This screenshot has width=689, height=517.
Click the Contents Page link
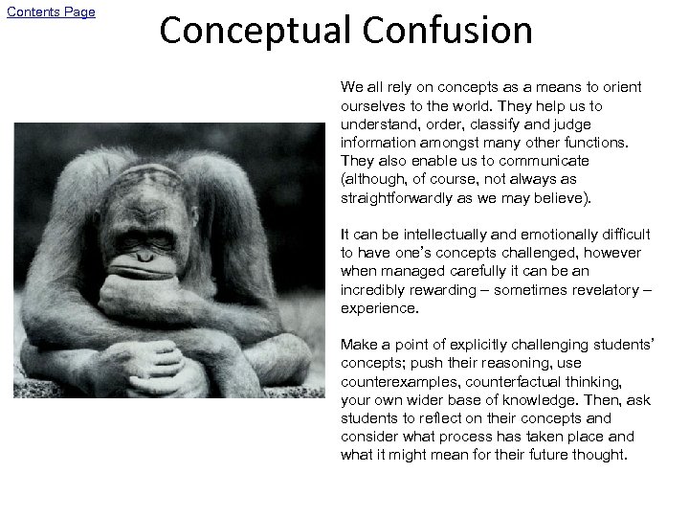coord(55,11)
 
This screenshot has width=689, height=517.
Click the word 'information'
coord(377,142)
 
